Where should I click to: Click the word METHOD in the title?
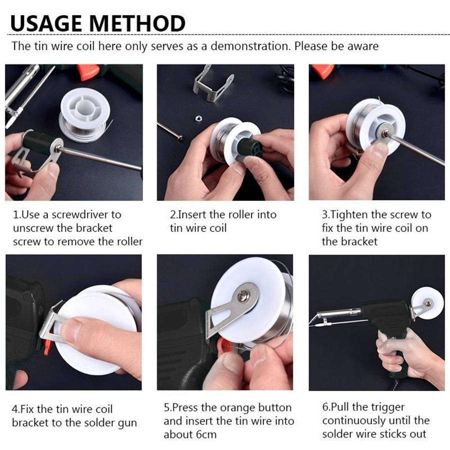[x=137, y=23]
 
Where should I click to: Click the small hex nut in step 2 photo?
[x=198, y=118]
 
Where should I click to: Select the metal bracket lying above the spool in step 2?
[x=212, y=83]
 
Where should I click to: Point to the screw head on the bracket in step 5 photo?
[x=243, y=295]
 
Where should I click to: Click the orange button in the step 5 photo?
[x=221, y=345]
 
